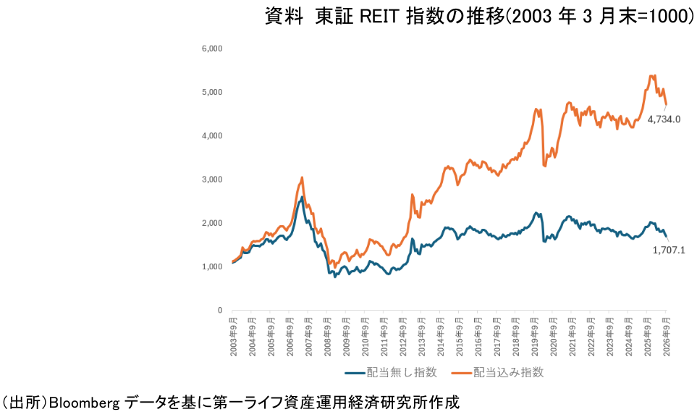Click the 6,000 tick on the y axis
click(212, 49)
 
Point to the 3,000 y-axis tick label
click(212, 180)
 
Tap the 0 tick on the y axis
click(219, 311)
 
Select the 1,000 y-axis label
click(212, 267)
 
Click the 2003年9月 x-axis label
click(233, 337)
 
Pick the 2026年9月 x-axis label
click(667, 337)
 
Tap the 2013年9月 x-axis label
click(421, 337)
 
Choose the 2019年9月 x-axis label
click(535, 337)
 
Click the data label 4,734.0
click(664, 119)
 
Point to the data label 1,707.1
click(669, 250)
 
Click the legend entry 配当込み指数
click(497, 372)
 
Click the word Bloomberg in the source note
click(84, 403)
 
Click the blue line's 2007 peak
click(303, 197)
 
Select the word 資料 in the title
click(284, 17)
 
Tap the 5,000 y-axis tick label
click(212, 92)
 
